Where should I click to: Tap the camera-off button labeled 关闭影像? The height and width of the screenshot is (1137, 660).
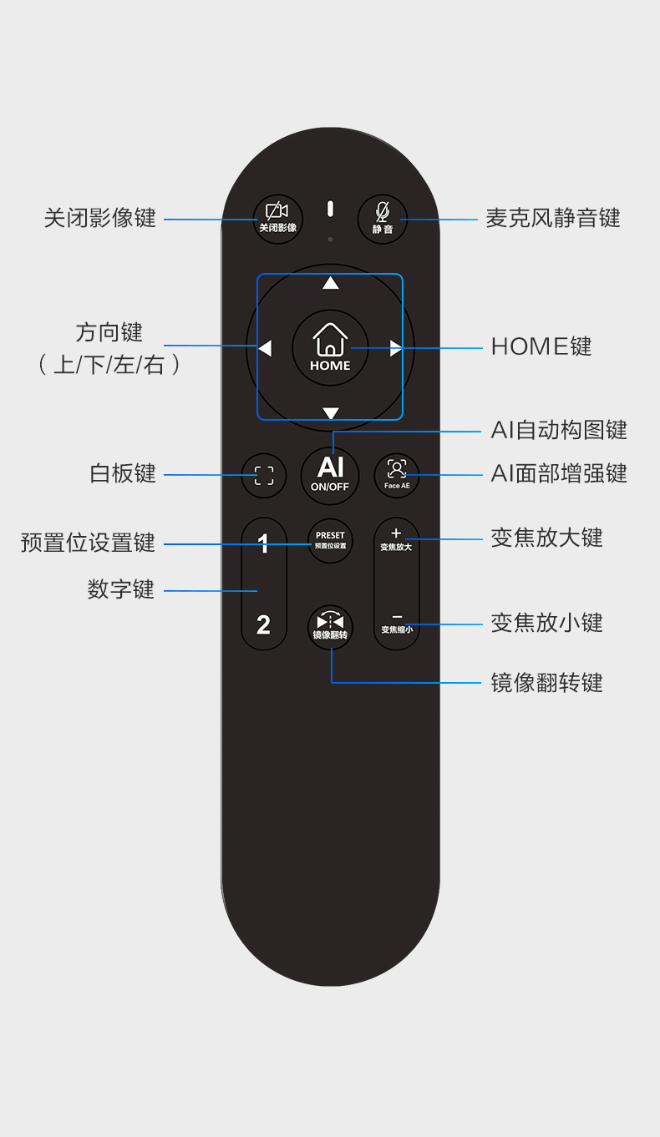click(277, 219)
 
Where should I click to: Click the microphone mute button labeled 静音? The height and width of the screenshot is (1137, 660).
click(383, 219)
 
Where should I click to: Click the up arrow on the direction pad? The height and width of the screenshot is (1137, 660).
click(331, 283)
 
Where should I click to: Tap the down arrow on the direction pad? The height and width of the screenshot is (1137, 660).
click(331, 413)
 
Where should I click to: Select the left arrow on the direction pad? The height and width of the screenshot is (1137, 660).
click(265, 348)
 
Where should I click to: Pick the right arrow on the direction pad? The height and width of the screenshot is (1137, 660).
click(396, 348)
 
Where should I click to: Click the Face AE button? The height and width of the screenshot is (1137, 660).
click(397, 475)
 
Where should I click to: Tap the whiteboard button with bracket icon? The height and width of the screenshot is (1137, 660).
click(264, 476)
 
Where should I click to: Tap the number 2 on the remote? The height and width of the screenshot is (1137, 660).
click(263, 624)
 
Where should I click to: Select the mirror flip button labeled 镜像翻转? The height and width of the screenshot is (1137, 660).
click(331, 626)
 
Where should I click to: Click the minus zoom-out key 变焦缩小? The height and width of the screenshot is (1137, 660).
click(397, 622)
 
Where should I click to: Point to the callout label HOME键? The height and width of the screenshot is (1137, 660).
click(541, 346)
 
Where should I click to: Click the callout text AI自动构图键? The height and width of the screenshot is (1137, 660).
click(559, 431)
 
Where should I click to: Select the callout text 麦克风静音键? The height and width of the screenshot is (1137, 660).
click(553, 219)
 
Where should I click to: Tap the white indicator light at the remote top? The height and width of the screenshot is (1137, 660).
click(330, 209)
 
